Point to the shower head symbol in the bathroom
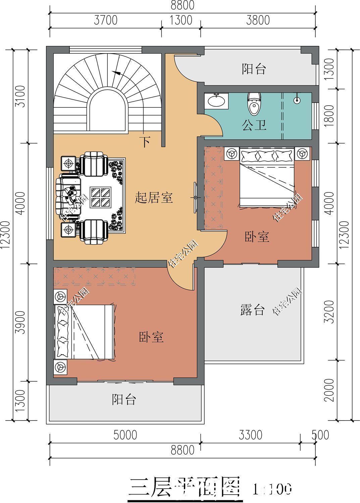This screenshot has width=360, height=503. pyautogui.click(x=297, y=100)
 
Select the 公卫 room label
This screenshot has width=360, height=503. pyautogui.click(x=254, y=125)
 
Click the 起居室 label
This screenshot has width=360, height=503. pyautogui.click(x=154, y=198)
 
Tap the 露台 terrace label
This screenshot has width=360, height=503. pyautogui.click(x=252, y=310)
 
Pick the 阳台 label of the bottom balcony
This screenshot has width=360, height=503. pyautogui.click(x=124, y=399)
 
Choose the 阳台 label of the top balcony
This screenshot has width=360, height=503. pyautogui.click(x=254, y=69)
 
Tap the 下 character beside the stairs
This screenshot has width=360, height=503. pyautogui.click(x=145, y=142)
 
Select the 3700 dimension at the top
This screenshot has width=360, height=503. pyautogui.click(x=105, y=20)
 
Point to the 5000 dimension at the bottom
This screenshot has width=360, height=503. pyautogui.click(x=125, y=435)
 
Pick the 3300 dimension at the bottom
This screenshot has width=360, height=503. pyautogui.click(x=250, y=435)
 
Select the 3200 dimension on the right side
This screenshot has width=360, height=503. pyautogui.click(x=330, y=312)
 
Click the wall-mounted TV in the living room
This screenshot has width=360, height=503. pyautogui.click(x=195, y=198)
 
